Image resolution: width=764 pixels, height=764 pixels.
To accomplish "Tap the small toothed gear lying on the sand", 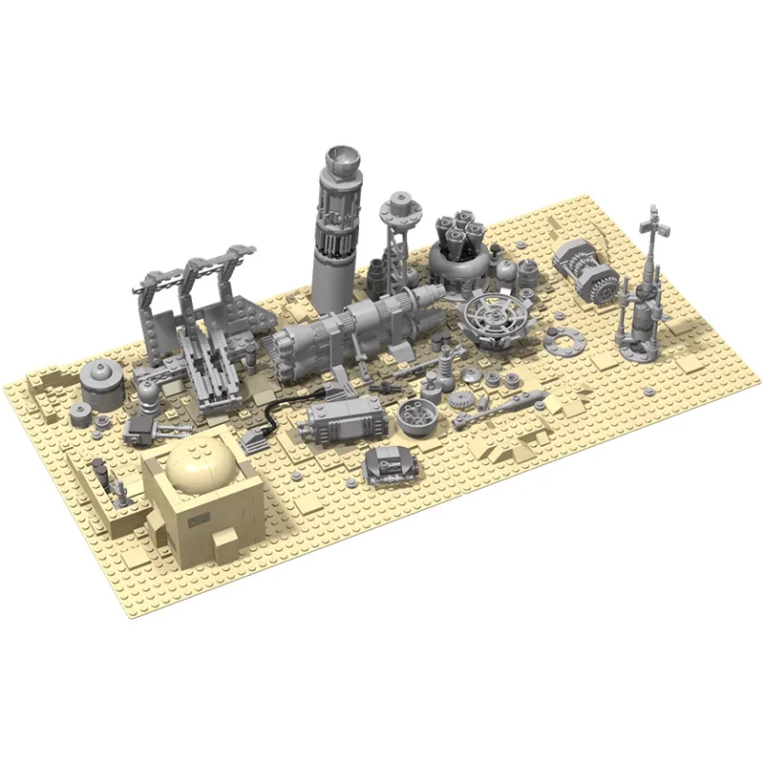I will (470, 395).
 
